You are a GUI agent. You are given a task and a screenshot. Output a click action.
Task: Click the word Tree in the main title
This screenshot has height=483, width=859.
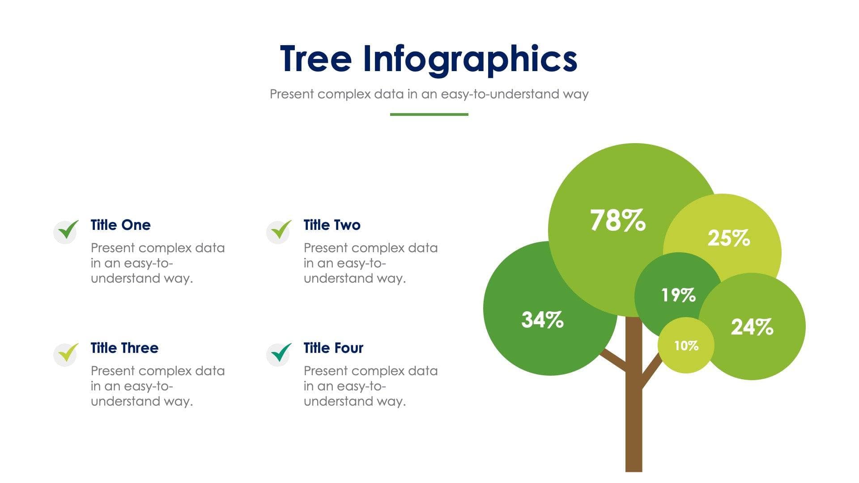click(315, 59)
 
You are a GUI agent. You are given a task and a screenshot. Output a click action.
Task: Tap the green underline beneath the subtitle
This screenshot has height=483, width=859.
click(429, 114)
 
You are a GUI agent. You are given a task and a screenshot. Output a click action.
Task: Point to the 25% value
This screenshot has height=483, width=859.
click(728, 238)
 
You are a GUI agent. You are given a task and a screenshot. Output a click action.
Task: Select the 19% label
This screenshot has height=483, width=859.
click(678, 295)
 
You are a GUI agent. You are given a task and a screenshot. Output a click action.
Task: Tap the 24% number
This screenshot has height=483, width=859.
click(752, 327)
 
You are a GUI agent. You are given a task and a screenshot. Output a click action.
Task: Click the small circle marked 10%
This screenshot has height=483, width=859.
click(686, 345)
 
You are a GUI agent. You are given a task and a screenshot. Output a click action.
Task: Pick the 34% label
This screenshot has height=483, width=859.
click(542, 320)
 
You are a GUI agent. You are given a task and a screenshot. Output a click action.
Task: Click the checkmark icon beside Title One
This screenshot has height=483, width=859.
click(67, 231)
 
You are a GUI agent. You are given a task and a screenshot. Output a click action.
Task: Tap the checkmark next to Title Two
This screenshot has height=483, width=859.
click(280, 231)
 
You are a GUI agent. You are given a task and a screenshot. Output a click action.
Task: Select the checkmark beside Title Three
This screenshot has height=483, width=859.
click(67, 354)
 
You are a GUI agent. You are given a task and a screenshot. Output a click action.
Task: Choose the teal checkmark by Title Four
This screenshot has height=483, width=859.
click(280, 354)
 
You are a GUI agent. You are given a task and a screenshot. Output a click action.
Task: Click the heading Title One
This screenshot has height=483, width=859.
click(120, 225)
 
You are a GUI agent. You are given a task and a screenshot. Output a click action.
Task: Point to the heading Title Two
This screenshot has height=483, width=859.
click(332, 225)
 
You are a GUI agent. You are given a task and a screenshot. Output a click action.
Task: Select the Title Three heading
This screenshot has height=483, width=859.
click(124, 348)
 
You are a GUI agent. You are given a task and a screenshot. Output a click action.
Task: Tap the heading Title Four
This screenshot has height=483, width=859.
click(333, 348)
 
